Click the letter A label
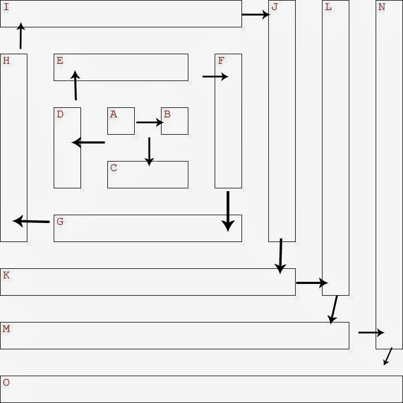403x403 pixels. click(113, 115)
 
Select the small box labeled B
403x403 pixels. click(174, 121)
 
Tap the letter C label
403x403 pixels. click(113, 168)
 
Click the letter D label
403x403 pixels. click(60, 115)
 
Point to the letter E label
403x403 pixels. click(60, 61)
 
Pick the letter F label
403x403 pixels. click(221, 61)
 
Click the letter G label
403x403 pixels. click(60, 222)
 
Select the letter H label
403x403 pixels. click(6, 61)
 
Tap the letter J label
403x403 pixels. click(274, 7)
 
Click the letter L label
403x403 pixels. click(328, 7)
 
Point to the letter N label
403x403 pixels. click(382, 7)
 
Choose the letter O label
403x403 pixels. click(6, 383)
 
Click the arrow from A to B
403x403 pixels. click(149, 122)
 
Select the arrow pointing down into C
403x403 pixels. click(149, 151)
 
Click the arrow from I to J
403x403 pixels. click(255, 15)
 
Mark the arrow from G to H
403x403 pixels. click(31, 221)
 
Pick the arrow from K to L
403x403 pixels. click(311, 283)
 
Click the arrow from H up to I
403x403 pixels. click(21, 36)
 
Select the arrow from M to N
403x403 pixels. click(371, 333)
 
